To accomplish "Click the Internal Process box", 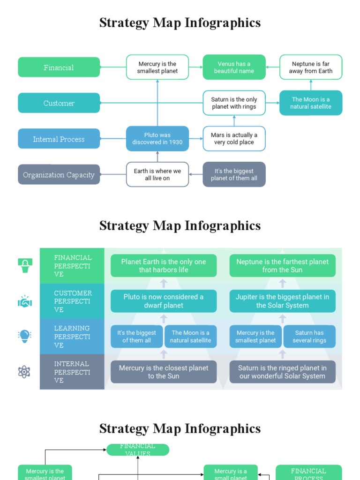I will (x=59, y=139).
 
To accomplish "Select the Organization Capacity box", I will (x=59, y=174).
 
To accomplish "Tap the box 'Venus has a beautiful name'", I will (x=234, y=67).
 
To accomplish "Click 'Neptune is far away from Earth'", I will (x=311, y=67).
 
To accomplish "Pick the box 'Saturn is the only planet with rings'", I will (x=234, y=103).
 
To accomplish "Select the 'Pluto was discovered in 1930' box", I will (x=157, y=138).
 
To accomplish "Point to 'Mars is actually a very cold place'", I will (x=234, y=138).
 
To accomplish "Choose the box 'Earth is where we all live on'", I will (x=157, y=174).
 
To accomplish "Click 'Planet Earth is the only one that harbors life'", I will (x=164, y=266).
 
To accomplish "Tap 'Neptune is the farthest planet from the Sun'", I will (x=282, y=266).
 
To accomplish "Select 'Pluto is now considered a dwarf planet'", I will (x=164, y=301).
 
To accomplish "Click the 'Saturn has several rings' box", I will (x=309, y=336).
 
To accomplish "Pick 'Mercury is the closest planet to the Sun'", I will (x=164, y=372).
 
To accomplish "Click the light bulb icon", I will (x=24, y=336).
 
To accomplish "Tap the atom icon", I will (x=24, y=372).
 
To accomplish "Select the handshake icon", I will (x=24, y=301).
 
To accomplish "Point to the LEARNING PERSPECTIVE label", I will (x=72, y=337).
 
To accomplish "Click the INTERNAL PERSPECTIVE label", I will (x=72, y=372).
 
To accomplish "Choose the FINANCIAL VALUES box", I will (x=138, y=450).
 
